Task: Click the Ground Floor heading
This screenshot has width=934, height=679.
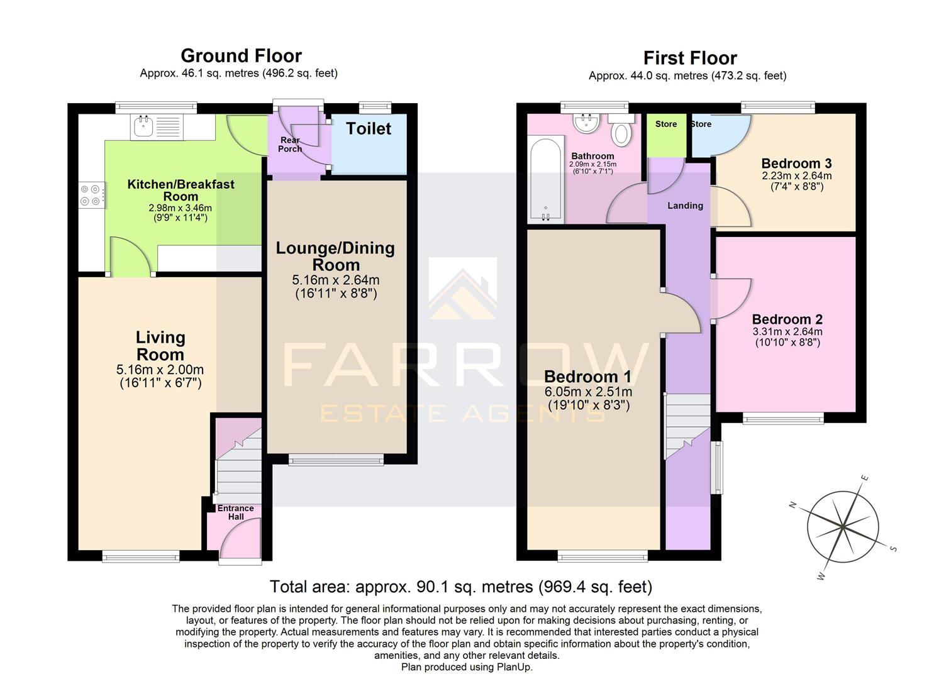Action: tap(241, 56)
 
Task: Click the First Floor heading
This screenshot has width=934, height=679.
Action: tap(689, 58)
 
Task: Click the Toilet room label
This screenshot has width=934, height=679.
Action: tap(368, 129)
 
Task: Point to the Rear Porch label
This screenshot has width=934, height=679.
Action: tap(290, 145)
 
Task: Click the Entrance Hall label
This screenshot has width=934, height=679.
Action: tap(236, 512)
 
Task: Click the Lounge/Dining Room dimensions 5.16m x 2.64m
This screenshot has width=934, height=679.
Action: tap(335, 280)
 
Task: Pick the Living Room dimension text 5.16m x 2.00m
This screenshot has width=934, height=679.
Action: tap(160, 370)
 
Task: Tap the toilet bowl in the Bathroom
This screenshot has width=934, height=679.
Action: tap(621, 133)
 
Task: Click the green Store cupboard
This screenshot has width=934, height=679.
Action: tap(666, 135)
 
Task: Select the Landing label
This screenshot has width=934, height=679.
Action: tap(685, 206)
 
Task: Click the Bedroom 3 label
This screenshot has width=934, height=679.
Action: tap(796, 163)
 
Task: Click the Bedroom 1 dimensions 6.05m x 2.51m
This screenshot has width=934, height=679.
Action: tap(588, 392)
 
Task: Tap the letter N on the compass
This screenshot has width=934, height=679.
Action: tap(794, 505)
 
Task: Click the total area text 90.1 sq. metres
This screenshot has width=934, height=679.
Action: tap(460, 587)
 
